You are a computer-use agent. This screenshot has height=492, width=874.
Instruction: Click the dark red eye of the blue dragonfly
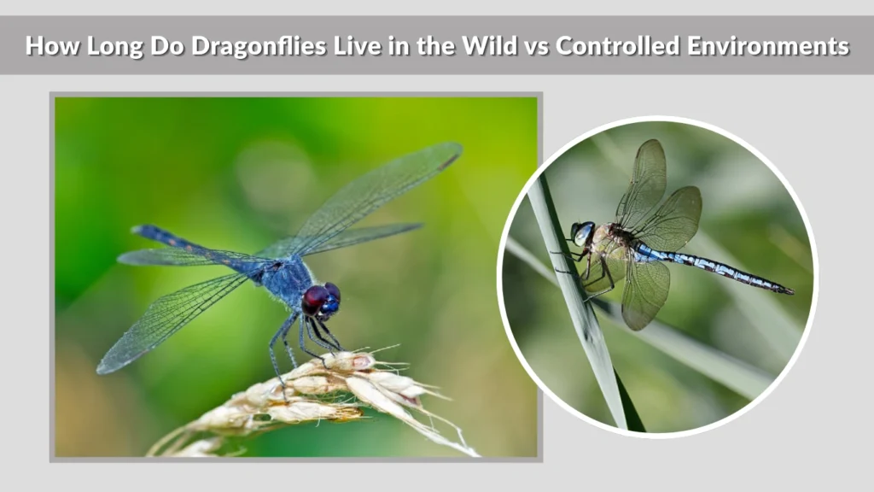coord(315,299)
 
